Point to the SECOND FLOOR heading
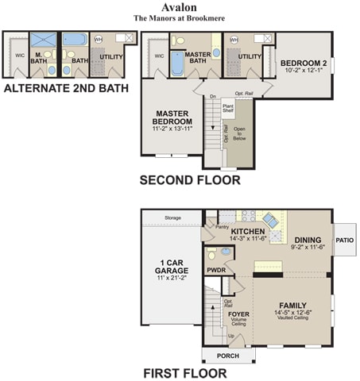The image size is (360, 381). (x=190, y=180)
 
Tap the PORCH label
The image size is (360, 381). (x=227, y=355)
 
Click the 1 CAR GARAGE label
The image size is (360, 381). (x=172, y=267)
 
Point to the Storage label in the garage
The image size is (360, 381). (x=172, y=217)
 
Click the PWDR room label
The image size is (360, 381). (x=216, y=270)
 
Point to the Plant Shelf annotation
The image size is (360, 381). (x=228, y=108)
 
